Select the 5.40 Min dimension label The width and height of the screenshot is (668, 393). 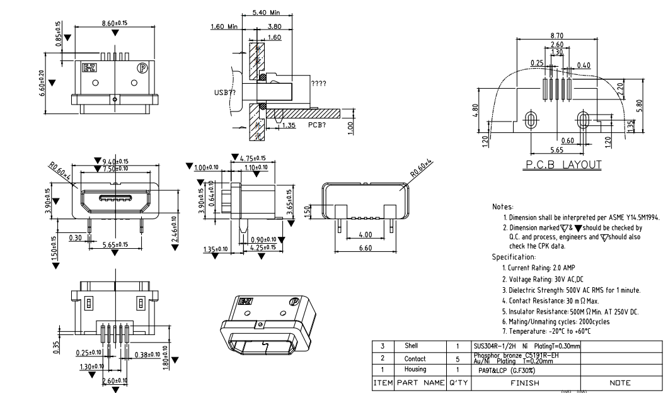[x=265, y=13]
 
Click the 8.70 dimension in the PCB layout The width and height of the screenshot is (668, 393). [x=556, y=37]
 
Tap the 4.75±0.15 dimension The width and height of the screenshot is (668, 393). [x=251, y=158]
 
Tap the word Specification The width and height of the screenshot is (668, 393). [x=513, y=258]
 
